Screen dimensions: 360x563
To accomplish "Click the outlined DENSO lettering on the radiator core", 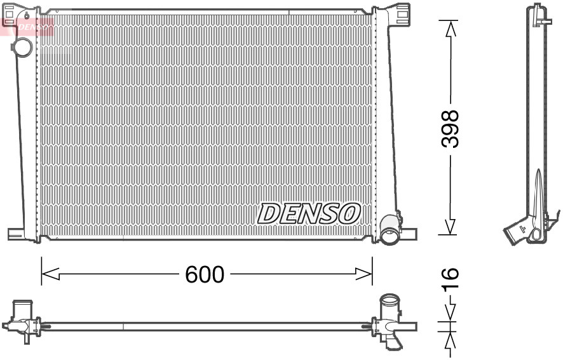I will point(309,214).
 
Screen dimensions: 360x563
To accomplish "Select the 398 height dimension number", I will point(450,129).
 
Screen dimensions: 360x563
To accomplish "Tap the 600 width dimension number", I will point(205,274).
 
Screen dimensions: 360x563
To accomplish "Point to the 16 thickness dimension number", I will point(449,279).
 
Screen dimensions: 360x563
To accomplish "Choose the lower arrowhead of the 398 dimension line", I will point(450,227).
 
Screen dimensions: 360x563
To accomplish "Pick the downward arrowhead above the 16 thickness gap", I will point(449,313).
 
